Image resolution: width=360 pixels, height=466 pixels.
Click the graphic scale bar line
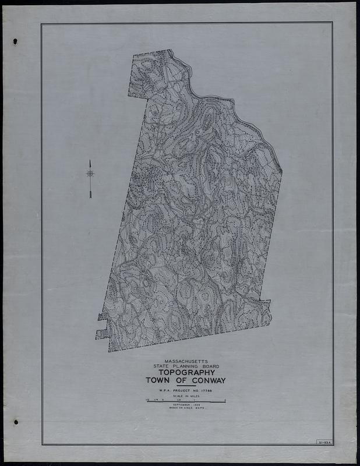pyautogui.click(x=185, y=403)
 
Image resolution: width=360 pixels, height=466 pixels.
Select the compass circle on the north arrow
pyautogui.click(x=90, y=174)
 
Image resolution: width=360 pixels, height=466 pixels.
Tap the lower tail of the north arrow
pyautogui.click(x=90, y=196)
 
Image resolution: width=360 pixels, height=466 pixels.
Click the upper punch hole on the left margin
pyautogui.click(x=16, y=41)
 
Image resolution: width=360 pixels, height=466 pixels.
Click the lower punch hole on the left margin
pyautogui.click(x=16, y=422)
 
